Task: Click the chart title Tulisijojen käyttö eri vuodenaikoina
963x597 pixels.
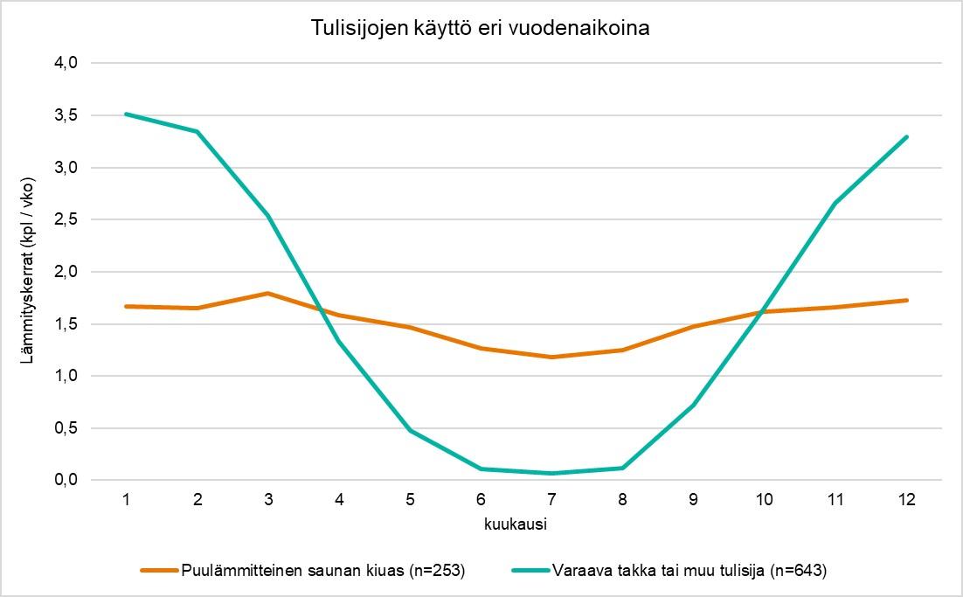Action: (x=481, y=28)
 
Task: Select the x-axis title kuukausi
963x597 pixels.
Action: (x=516, y=524)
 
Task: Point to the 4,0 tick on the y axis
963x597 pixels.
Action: (x=67, y=63)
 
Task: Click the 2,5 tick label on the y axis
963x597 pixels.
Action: (x=67, y=219)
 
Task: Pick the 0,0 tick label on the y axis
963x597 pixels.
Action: (x=67, y=480)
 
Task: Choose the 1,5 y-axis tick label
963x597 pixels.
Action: (x=67, y=323)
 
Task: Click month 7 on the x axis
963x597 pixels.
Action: (x=551, y=499)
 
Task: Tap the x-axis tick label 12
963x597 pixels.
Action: (x=907, y=499)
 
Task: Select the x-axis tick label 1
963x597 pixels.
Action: (x=127, y=499)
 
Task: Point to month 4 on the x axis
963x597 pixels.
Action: (x=339, y=499)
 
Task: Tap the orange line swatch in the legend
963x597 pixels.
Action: (x=160, y=571)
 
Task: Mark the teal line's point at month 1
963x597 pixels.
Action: (x=127, y=114)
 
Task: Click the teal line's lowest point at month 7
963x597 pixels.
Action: (x=551, y=474)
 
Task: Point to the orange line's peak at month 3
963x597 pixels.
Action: (x=268, y=293)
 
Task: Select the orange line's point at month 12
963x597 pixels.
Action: (x=907, y=300)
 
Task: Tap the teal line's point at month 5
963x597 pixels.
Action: (x=410, y=431)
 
